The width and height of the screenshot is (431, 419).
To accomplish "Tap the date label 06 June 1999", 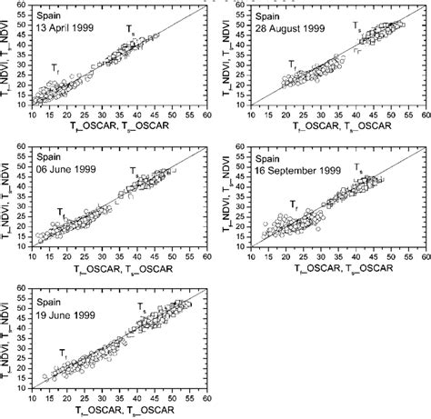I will click(x=63, y=167).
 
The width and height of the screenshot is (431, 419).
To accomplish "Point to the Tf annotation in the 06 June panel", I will click(x=61, y=210).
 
